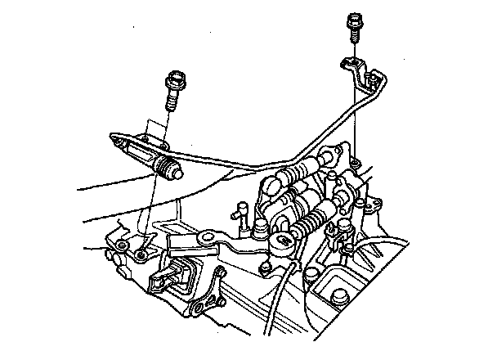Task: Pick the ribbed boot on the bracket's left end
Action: (x=168, y=169)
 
